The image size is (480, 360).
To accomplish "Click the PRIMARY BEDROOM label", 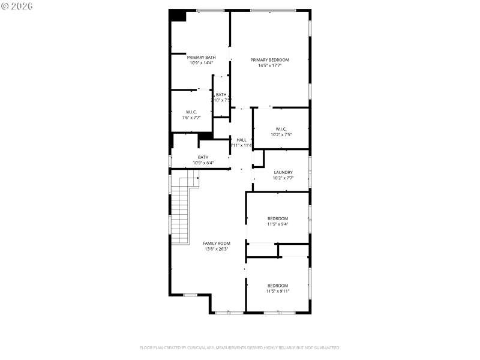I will pyautogui.click(x=269, y=59).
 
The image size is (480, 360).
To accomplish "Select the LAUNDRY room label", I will pyautogui.click(x=283, y=172).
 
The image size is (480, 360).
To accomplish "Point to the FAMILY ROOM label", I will pyautogui.click(x=217, y=243).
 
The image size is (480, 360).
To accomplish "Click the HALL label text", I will pyautogui.click(x=241, y=140).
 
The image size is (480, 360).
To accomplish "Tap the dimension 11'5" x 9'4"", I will pyautogui.click(x=278, y=224).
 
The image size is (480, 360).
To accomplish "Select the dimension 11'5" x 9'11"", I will pyautogui.click(x=278, y=291).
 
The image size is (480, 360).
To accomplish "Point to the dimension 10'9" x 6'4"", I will pyautogui.click(x=203, y=163).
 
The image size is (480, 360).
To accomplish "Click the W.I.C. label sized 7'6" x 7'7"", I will pyautogui.click(x=191, y=112).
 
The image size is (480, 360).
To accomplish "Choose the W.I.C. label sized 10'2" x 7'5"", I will pyautogui.click(x=281, y=128).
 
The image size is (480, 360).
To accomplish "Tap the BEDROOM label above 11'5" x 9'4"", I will pyautogui.click(x=278, y=218).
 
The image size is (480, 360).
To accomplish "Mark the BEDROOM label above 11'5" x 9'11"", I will pyautogui.click(x=278, y=286).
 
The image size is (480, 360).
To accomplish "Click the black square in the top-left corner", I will pyautogui.click(x=178, y=16).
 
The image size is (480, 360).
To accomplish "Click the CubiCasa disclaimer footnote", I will pyautogui.click(x=240, y=347).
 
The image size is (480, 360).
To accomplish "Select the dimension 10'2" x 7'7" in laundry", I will pyautogui.click(x=283, y=178).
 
